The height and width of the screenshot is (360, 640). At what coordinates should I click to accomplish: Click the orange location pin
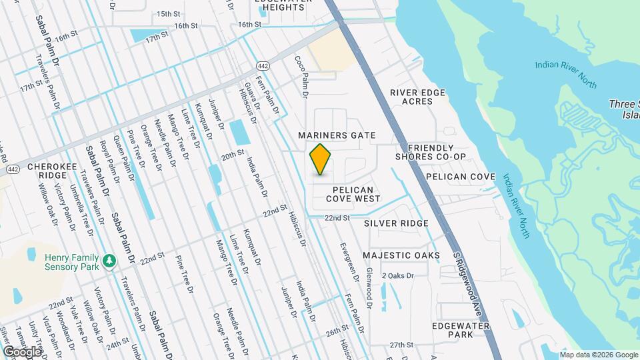pos(321,159)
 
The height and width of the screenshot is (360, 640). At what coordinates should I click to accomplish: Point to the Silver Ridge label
pos(396,223)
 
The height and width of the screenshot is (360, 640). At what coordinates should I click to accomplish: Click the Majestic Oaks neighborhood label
pos(401,255)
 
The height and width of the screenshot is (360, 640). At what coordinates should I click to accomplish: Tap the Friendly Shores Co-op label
pos(430,152)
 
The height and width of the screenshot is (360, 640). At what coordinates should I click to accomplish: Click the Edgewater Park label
pos(461,330)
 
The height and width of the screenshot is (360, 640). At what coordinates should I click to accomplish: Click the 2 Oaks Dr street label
pos(398,275)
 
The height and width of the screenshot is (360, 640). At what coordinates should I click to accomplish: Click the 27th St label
pos(402,345)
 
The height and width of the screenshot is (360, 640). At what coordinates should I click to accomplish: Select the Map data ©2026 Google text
pos(598,353)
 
